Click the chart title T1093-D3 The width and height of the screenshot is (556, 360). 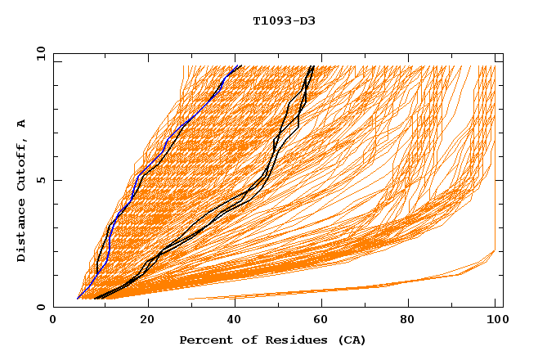(x=284, y=21)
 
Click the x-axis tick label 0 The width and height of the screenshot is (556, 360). (x=53, y=320)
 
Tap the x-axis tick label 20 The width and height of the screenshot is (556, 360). (x=141, y=320)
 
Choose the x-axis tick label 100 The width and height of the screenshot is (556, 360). (x=495, y=320)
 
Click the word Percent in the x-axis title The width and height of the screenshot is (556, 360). (x=204, y=340)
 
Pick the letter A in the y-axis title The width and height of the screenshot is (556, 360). (x=22, y=124)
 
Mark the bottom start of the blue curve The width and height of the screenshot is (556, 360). (x=78, y=299)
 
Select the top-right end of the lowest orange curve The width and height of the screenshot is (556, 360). (x=495, y=250)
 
